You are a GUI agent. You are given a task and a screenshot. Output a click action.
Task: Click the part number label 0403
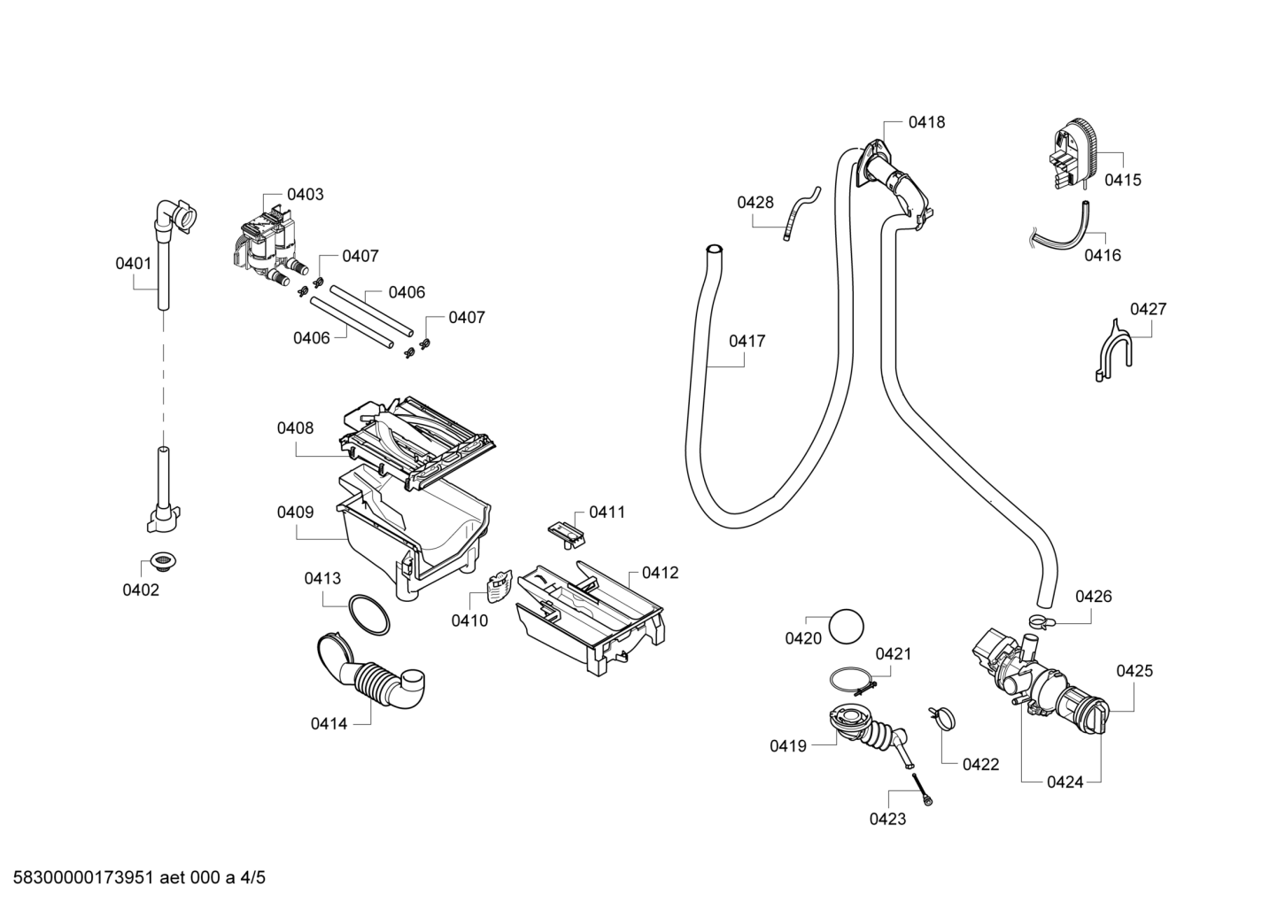click(305, 195)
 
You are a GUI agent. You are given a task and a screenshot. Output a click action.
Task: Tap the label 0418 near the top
click(926, 122)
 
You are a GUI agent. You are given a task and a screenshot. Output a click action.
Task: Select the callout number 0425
click(1134, 671)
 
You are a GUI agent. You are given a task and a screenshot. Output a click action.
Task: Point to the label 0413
click(322, 578)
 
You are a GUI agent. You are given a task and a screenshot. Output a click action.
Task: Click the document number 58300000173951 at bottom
click(83, 877)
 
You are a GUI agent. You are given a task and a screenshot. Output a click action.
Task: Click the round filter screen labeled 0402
click(164, 561)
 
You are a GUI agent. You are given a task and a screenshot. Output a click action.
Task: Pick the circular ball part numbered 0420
click(846, 626)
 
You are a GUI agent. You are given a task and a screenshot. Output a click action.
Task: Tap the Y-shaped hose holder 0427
click(1112, 353)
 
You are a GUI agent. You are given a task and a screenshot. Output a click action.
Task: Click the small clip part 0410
click(499, 588)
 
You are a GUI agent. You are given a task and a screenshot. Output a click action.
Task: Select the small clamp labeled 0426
click(1042, 621)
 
